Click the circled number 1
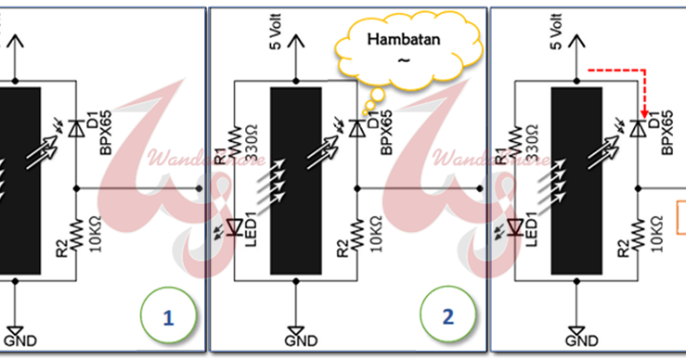point(168,316)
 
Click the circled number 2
point(447,316)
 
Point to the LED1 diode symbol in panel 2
point(233,225)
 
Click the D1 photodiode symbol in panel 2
point(357,129)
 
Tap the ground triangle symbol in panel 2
point(295,331)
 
